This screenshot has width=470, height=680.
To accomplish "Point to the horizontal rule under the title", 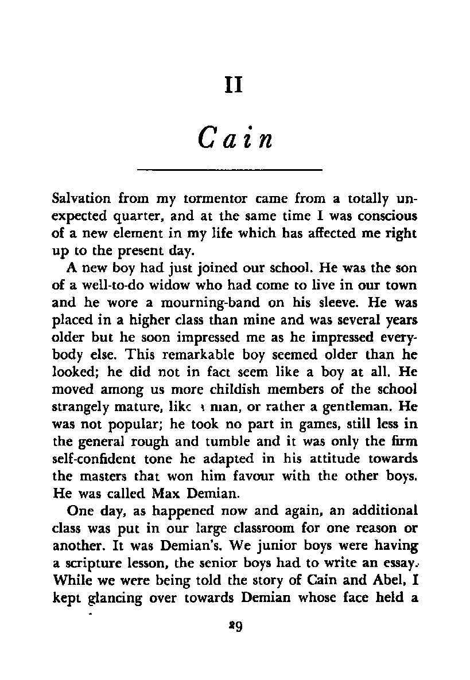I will coord(230,170).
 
